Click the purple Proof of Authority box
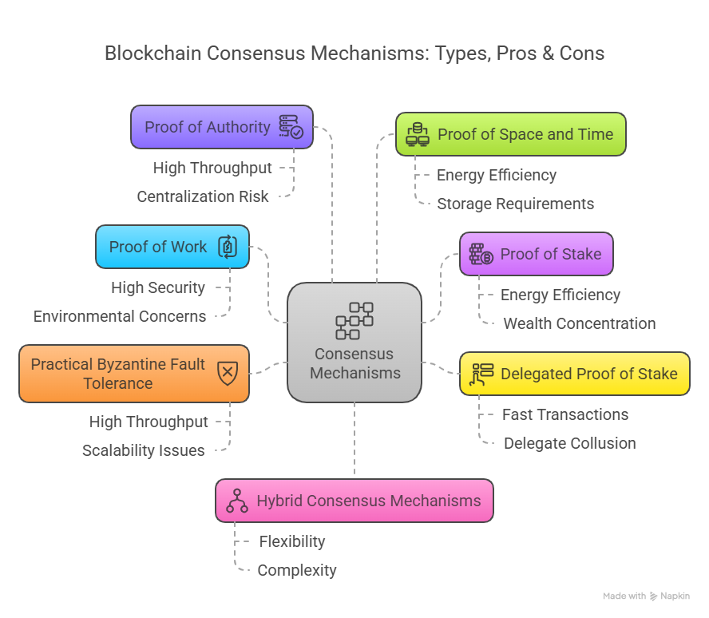tap(221, 127)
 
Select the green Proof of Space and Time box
tap(510, 134)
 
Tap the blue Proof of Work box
tap(172, 247)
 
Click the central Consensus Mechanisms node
tap(354, 342)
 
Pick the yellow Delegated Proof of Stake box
tap(574, 374)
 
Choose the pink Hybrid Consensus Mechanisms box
tap(354, 501)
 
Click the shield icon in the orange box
tap(228, 373)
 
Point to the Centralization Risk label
tap(203, 196)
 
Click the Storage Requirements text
tap(515, 204)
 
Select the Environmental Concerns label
tap(120, 316)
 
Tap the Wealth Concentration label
tap(579, 323)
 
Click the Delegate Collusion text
tap(569, 443)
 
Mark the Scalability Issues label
tap(144, 450)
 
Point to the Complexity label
tap(297, 570)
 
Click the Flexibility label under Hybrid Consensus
tap(292, 541)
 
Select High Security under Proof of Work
tap(158, 287)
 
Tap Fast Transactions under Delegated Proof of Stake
tap(565, 414)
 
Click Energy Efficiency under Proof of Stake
tap(560, 295)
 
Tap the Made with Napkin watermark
tap(646, 596)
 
